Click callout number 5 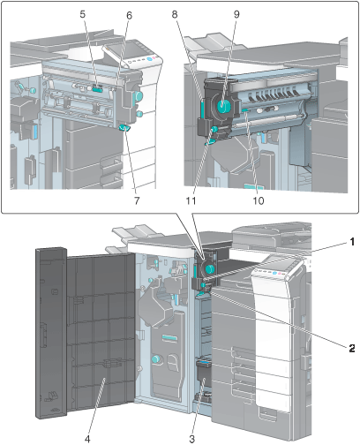pos(83,14)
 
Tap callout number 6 pos(130,16)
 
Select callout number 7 pos(137,200)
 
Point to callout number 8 pos(175,14)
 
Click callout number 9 pos(236,14)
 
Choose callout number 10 pos(259,200)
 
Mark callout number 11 pos(191,200)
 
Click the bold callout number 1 pos(352,242)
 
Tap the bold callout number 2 pos(352,349)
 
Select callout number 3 pos(191,439)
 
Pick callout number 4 pos(87,439)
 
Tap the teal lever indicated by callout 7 pos(124,127)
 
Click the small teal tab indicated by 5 pos(98,87)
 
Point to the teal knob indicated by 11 pos(214,129)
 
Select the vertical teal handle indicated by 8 pos(203,109)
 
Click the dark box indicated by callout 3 pos(204,368)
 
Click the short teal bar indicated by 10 pos(246,109)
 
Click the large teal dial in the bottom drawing pos(210,268)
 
